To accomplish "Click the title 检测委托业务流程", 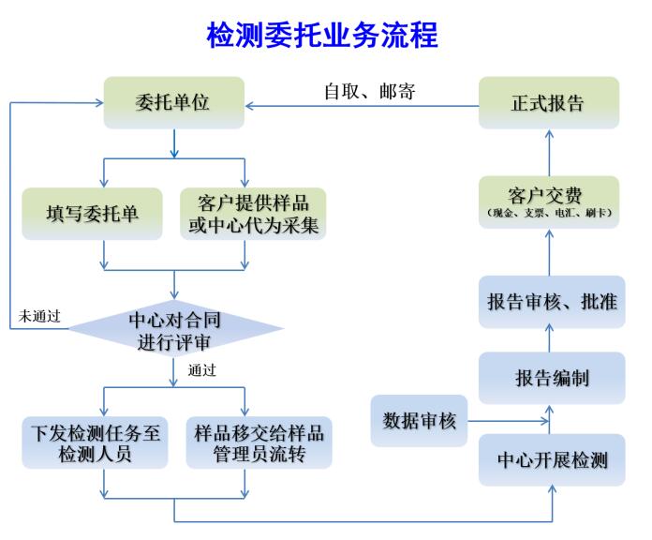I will point(322,36).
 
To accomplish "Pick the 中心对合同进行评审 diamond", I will point(176,329).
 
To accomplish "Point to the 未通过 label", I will point(39,317).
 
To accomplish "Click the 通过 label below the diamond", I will point(201,370).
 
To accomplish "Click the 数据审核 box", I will point(419,421).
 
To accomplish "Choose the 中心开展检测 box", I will point(551,460).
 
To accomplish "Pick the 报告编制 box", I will point(551,378).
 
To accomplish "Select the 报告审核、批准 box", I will point(551,301).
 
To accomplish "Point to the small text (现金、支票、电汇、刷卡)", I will point(549,215).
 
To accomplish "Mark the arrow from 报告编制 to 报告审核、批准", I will point(551,339).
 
